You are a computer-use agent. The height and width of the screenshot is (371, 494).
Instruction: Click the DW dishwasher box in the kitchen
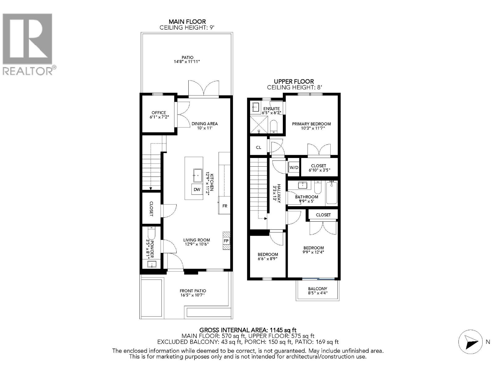197,190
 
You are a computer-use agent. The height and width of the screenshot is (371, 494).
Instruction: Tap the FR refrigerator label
225,206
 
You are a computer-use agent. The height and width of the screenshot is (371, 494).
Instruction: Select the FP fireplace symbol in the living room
226,241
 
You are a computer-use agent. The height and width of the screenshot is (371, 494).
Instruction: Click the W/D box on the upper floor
294,168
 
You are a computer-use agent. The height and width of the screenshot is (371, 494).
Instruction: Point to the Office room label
159,113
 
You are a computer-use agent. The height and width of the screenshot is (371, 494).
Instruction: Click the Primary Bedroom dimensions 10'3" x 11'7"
311,128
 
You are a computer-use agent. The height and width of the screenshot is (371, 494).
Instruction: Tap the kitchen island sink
197,176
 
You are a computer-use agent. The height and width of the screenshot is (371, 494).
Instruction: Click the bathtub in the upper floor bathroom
332,193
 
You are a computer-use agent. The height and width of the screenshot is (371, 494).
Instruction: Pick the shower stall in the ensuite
259,125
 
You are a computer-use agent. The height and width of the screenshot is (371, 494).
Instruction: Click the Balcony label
317,288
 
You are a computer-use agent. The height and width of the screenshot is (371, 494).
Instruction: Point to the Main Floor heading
187,22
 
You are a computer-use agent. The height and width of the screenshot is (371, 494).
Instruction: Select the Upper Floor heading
294,81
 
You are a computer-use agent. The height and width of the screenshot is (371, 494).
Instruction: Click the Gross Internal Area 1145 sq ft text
248,330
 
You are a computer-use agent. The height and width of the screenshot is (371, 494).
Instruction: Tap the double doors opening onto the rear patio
204,89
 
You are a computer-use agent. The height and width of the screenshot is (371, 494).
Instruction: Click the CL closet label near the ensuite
258,147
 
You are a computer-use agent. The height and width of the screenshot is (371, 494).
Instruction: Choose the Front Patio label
193,291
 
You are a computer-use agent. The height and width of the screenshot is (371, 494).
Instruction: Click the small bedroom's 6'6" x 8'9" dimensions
267,259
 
